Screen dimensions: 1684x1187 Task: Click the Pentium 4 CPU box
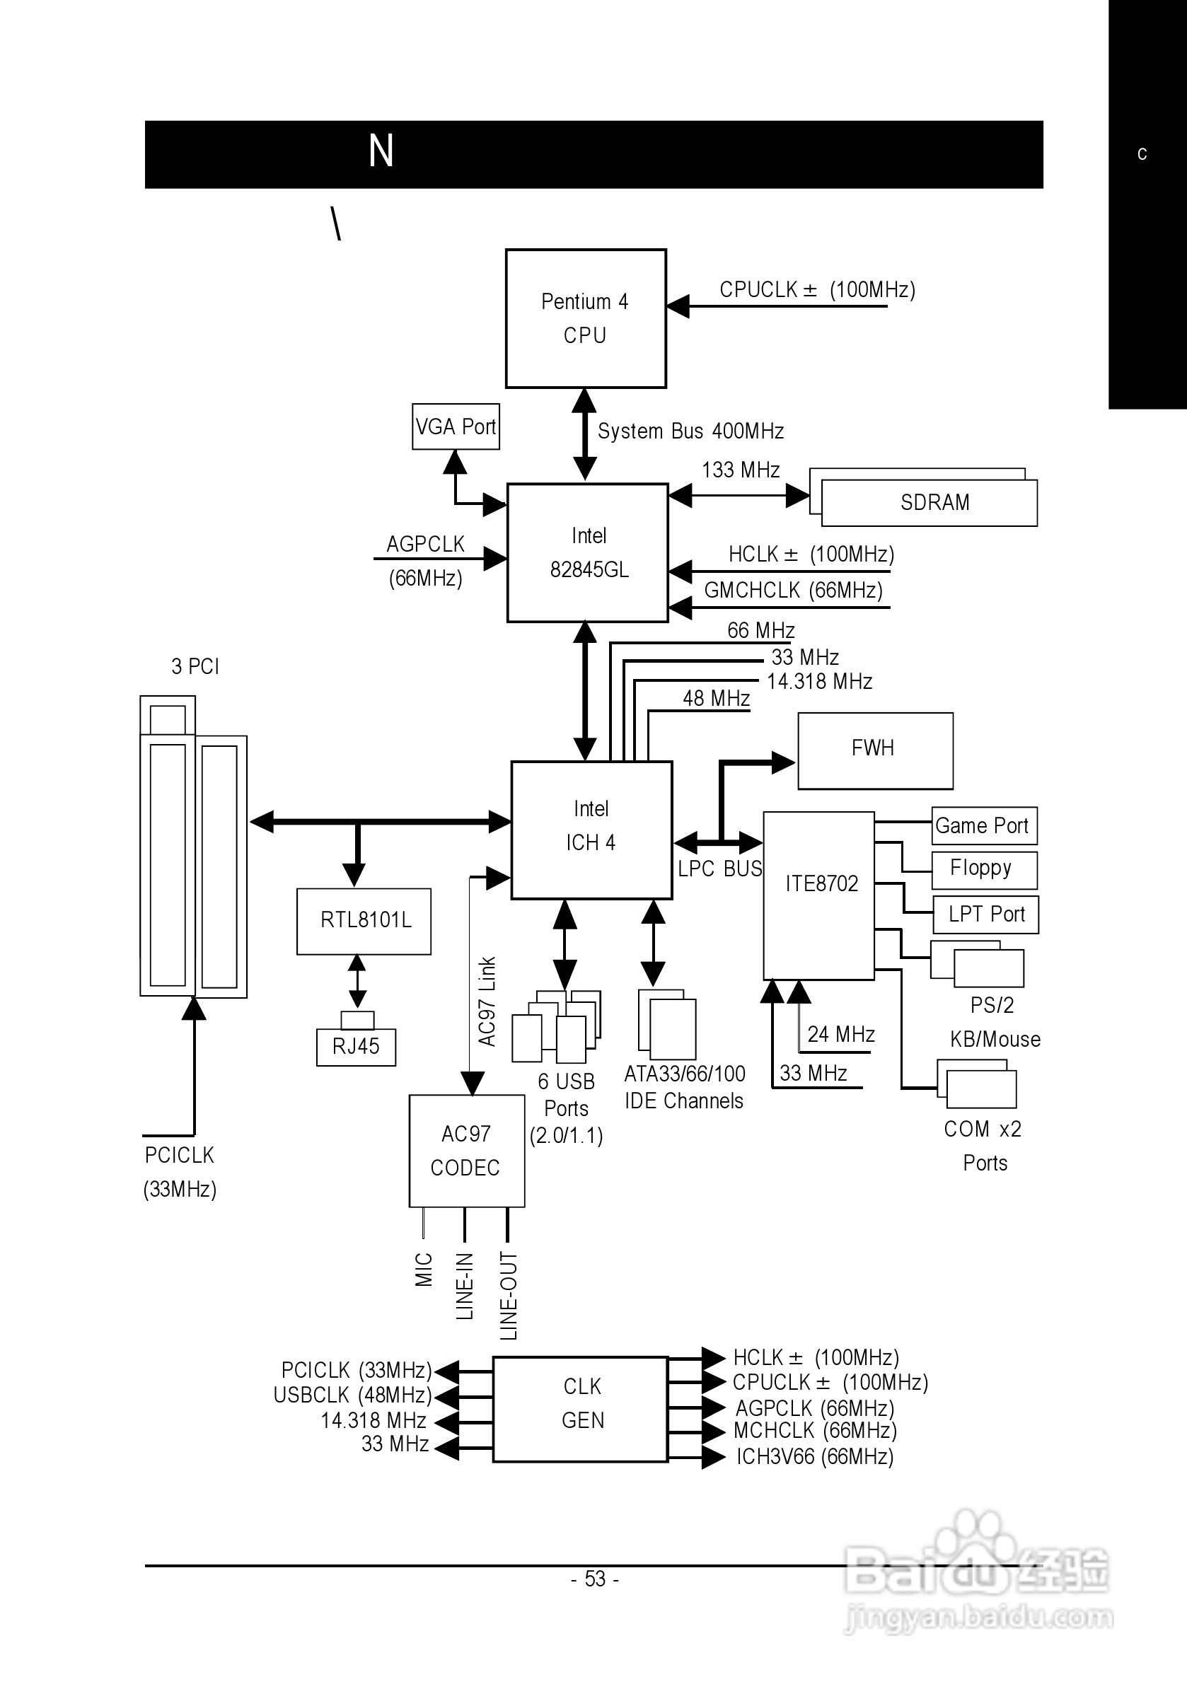point(586,318)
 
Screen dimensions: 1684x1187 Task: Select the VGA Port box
point(456,426)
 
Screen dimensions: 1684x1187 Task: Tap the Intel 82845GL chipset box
point(588,552)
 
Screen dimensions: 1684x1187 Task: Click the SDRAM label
point(934,502)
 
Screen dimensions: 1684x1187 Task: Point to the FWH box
point(874,750)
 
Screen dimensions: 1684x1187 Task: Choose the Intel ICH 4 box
point(591,830)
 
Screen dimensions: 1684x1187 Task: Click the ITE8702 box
point(818,894)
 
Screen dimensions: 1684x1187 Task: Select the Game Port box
point(984,826)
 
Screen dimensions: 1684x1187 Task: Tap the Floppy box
point(983,869)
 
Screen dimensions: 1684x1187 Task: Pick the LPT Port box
point(985,914)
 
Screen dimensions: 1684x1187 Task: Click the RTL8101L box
point(364,920)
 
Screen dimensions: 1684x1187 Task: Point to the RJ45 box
point(356,1047)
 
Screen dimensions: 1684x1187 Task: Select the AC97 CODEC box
point(467,1150)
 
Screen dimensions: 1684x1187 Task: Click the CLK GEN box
point(581,1408)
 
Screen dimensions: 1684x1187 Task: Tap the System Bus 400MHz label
point(690,431)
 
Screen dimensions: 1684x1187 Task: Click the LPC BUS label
point(719,869)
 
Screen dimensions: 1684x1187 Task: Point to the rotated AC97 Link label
point(487,1001)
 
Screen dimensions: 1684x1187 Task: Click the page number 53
point(595,1579)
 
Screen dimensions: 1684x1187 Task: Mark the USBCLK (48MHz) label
point(352,1395)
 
